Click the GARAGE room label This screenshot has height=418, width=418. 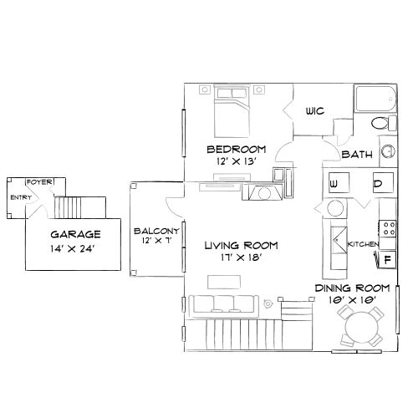[74, 234]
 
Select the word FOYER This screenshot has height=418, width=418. [38, 181]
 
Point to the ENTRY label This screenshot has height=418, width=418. [18, 197]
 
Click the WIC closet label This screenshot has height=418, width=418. [314, 110]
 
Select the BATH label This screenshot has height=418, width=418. [356, 155]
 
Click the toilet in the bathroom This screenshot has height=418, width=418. [380, 124]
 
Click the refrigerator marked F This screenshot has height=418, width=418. [387, 258]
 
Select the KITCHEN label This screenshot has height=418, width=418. [364, 243]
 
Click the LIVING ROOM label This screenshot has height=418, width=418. [242, 245]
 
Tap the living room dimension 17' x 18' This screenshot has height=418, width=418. [242, 258]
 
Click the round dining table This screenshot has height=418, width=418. [359, 324]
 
